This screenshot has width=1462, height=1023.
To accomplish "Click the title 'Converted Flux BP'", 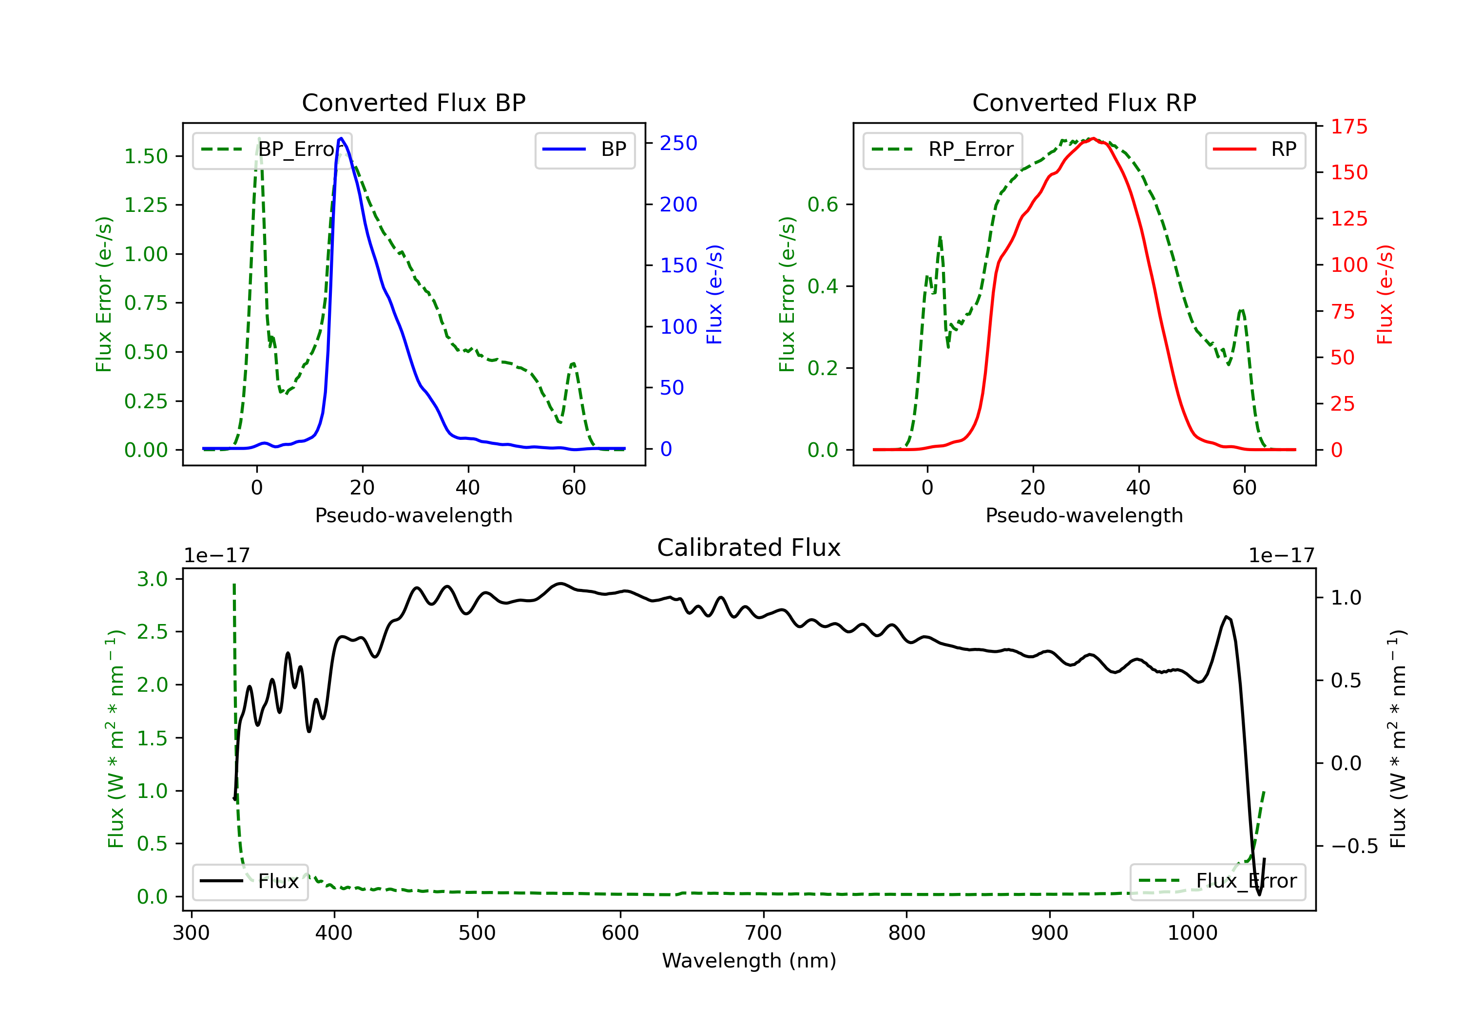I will [x=413, y=102].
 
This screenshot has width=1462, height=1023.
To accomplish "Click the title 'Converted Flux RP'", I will [x=1084, y=102].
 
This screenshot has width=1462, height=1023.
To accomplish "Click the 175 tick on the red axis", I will [x=1348, y=127].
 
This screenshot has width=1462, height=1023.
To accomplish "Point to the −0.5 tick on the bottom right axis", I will [x=1354, y=846].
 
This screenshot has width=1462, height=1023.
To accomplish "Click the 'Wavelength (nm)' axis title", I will [x=749, y=961].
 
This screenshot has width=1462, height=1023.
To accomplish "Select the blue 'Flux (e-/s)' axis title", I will [x=714, y=294].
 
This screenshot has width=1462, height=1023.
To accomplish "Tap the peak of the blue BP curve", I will [x=341, y=138].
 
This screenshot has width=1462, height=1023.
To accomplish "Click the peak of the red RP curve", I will [x=1093, y=138].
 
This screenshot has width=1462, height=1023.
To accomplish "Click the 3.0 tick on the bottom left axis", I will [x=152, y=579].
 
